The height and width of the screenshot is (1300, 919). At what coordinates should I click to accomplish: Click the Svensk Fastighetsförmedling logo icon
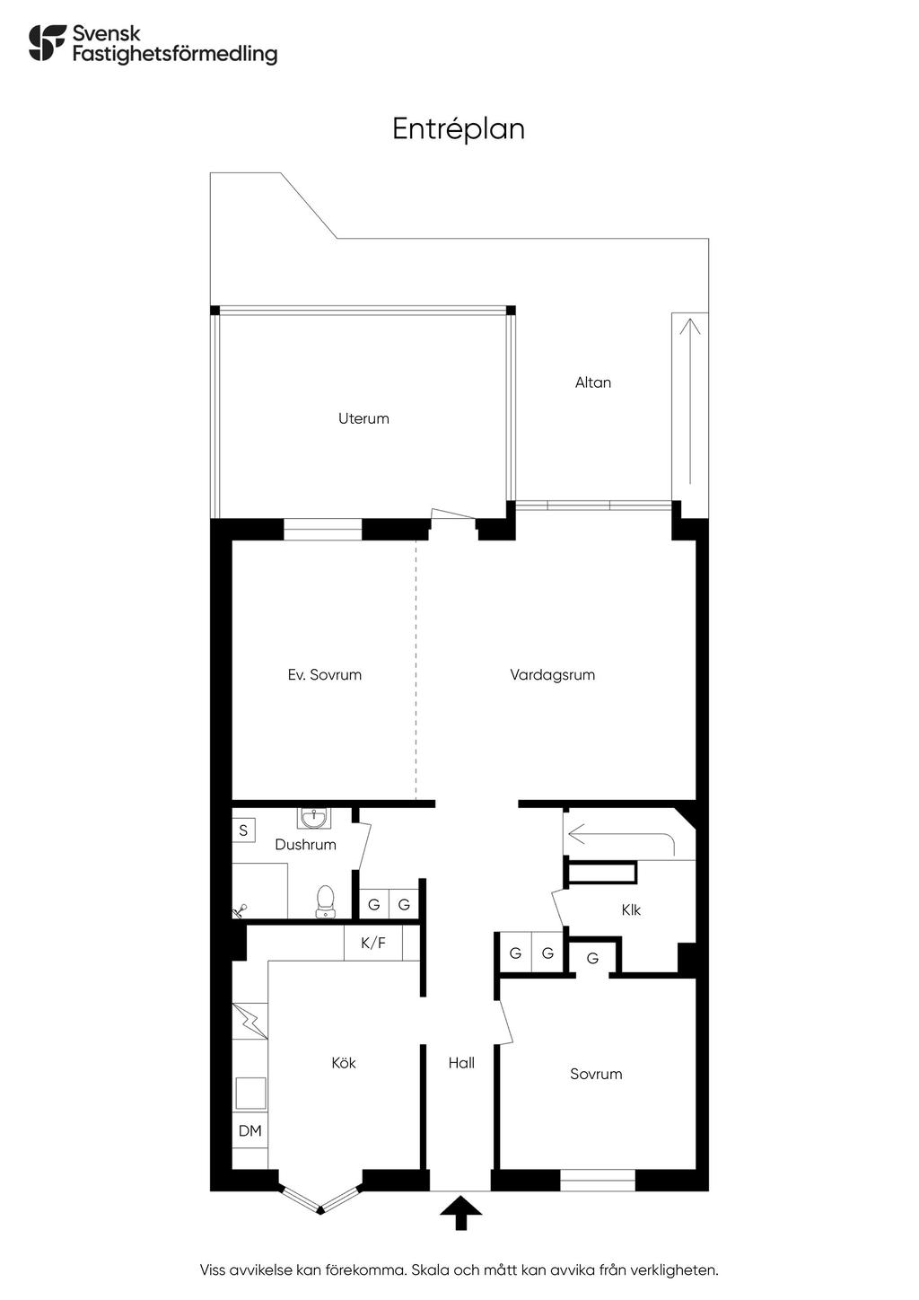(x=48, y=43)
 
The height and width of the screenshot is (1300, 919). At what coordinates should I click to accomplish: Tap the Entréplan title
(x=459, y=129)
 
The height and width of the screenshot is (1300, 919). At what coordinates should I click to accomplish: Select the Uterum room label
(x=363, y=418)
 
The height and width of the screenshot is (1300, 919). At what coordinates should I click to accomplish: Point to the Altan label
(x=593, y=382)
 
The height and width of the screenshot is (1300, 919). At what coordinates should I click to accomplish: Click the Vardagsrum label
(x=552, y=675)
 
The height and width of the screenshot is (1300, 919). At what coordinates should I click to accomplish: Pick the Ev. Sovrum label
(x=324, y=675)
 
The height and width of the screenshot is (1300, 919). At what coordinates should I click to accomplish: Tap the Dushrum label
(x=305, y=845)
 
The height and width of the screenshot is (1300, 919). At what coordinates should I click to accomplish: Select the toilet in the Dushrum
(x=325, y=900)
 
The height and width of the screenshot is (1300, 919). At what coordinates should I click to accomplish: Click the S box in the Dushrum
(x=243, y=830)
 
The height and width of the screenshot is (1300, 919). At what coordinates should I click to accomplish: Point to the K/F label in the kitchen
(x=373, y=944)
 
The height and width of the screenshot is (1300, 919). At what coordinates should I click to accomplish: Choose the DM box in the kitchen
(x=250, y=1131)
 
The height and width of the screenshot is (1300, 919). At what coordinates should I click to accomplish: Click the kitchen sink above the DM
(x=250, y=1094)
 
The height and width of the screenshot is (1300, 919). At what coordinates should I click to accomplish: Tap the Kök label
(x=344, y=1063)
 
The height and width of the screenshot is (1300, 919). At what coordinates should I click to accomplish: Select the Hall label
(x=461, y=1063)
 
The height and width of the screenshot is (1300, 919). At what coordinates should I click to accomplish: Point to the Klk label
(x=631, y=910)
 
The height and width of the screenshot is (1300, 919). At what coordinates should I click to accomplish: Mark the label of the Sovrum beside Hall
(x=596, y=1075)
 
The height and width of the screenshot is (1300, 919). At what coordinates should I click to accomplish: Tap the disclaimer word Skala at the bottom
(x=430, y=1270)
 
